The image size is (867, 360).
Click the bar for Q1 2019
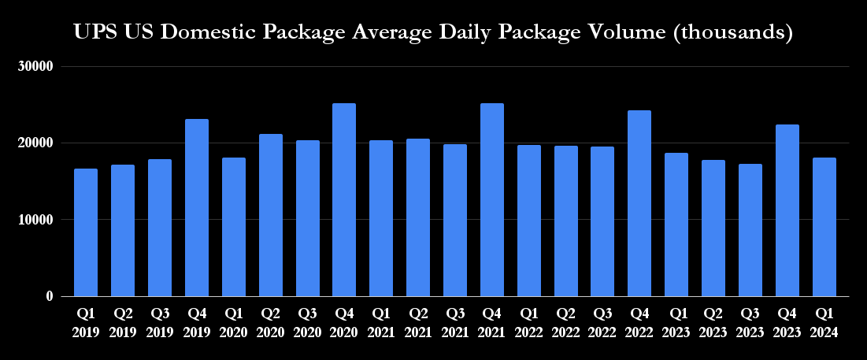[x=86, y=232]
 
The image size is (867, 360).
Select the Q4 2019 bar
[x=197, y=208]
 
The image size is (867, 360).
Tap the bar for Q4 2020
[x=344, y=200]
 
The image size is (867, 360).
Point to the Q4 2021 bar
[x=492, y=200]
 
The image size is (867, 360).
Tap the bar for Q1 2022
[x=529, y=221]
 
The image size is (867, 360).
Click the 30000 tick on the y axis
[x=35, y=67]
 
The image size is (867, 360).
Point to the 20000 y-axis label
[x=35, y=143]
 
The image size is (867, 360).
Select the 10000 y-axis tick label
[x=35, y=220]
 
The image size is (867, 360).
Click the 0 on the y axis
[x=49, y=296]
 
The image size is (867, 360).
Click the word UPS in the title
[x=94, y=33]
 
